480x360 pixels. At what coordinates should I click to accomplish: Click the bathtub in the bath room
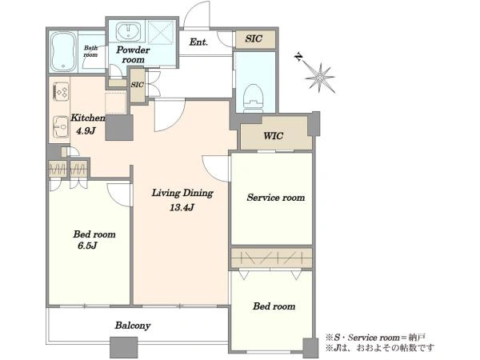point(63,51)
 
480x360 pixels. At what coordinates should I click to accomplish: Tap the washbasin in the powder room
point(129,31)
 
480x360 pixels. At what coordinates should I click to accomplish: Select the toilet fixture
point(253,96)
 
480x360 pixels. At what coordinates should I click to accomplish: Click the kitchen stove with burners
point(61,91)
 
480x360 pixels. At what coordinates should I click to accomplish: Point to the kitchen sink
point(61,126)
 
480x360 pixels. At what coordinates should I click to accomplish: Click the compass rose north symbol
point(318,76)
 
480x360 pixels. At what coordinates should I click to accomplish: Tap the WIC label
point(274,136)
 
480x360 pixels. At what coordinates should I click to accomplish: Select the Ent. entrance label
point(198,42)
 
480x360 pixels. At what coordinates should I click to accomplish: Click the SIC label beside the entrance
point(254,38)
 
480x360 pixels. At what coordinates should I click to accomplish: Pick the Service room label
point(276,198)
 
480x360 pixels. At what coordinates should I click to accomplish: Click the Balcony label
point(133,326)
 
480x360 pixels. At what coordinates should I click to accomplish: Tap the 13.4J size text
point(182,207)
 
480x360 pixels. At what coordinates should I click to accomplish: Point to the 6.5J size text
point(87,246)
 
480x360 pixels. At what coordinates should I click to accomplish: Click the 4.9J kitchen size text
point(86,131)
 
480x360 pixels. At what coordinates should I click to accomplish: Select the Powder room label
point(133,54)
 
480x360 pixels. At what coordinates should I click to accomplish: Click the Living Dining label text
point(182,193)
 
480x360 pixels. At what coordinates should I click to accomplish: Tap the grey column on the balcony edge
point(124,347)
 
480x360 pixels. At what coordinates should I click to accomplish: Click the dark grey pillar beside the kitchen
point(119,128)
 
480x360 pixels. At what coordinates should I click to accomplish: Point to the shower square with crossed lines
point(161,32)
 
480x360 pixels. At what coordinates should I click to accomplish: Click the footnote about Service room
point(375,338)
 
